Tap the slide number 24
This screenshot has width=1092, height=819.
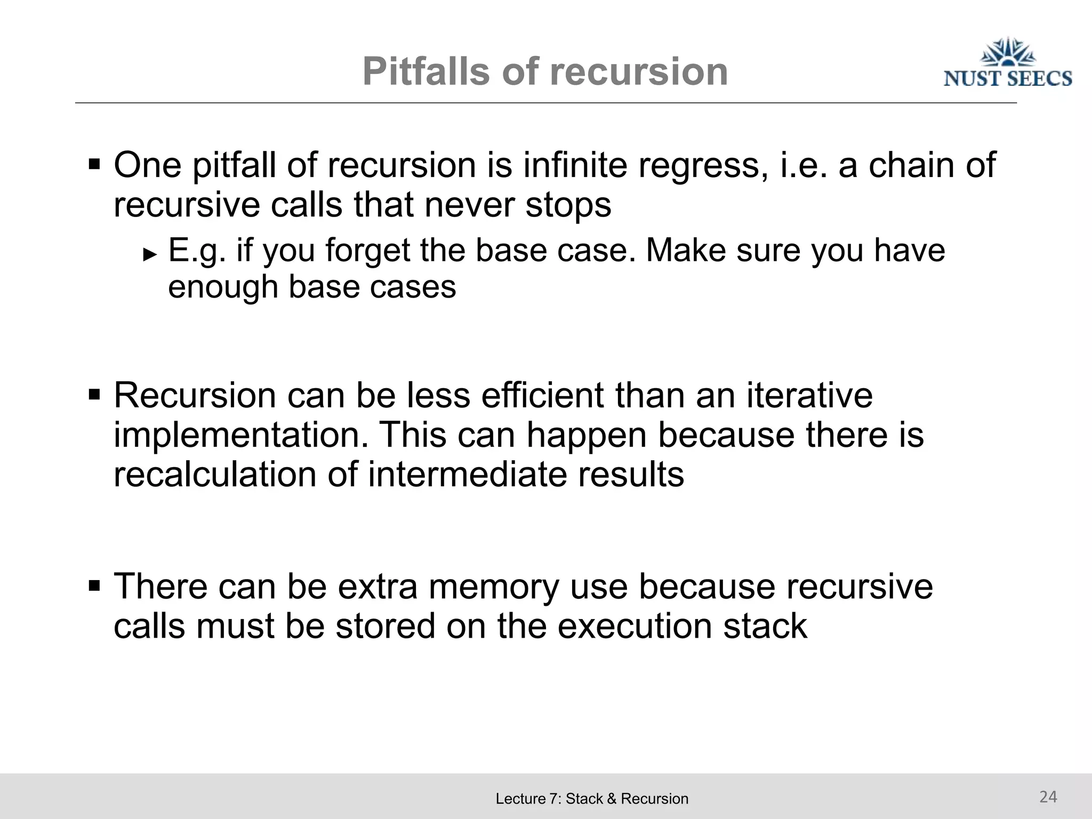coord(1048,797)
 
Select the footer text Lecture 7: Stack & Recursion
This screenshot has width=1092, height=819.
coord(592,799)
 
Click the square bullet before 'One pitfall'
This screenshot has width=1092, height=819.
coord(94,163)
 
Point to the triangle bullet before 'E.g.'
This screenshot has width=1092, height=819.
coord(150,254)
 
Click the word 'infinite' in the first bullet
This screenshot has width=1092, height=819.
coord(575,165)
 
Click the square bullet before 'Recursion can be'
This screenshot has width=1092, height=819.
coord(94,395)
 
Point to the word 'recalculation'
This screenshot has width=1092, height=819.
coord(215,474)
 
